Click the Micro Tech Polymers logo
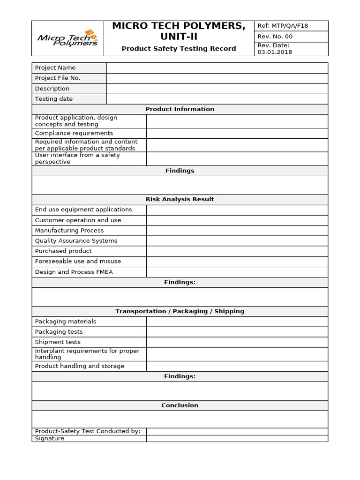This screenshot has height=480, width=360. tap(67, 38)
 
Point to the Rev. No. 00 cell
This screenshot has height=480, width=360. tap(275, 37)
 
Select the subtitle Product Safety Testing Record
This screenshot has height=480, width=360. tap(179, 49)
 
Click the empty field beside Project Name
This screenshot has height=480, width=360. tap(217, 68)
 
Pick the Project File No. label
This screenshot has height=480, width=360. tap(58, 78)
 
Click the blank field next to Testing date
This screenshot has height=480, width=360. tap(217, 99)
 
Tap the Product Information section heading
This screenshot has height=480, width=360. tap(180, 109)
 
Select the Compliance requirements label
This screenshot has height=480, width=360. tap(74, 133)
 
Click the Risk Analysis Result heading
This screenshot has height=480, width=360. tap(180, 199)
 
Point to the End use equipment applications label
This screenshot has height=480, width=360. tap(83, 210)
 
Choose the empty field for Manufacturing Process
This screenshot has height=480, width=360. tap(237, 231)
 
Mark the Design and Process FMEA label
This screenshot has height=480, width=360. tap(74, 272)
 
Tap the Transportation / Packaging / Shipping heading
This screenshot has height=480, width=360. tap(180, 311)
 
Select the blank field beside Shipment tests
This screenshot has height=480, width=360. tap(237, 342)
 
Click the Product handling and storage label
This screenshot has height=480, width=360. tap(80, 366)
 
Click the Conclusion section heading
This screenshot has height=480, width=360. tap(180, 405)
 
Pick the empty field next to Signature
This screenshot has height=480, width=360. tap(237, 439)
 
